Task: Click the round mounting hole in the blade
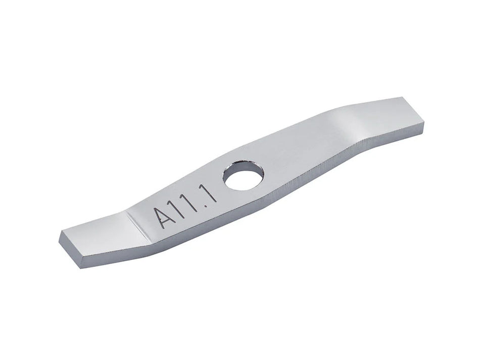pyautogui.click(x=244, y=177)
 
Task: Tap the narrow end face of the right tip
pyautogui.click(x=422, y=115)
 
